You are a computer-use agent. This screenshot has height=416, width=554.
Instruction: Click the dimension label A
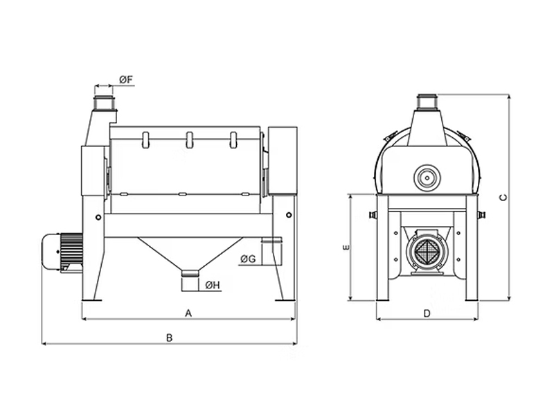click(188, 313)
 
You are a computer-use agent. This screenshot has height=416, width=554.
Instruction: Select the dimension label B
click(169, 338)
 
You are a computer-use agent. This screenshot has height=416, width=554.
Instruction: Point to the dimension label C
click(503, 198)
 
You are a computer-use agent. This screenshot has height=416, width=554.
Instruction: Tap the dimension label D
click(427, 313)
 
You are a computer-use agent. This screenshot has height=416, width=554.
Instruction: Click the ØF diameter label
click(126, 80)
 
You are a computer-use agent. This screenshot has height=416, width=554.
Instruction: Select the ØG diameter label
click(248, 259)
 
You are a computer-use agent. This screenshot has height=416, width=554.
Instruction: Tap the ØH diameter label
click(213, 285)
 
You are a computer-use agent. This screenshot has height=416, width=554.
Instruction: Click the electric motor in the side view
click(62, 252)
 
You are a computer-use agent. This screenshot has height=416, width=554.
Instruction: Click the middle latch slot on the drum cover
click(189, 140)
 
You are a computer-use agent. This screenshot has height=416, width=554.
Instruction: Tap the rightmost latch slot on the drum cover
click(233, 140)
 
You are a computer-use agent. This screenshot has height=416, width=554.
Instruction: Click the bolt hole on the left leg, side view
click(98, 217)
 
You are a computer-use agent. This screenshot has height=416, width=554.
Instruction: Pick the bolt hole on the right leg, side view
click(289, 215)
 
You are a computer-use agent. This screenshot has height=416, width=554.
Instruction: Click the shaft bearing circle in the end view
click(427, 178)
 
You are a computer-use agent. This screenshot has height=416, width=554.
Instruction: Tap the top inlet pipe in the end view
click(427, 102)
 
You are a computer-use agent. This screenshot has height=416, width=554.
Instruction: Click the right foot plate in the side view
click(285, 300)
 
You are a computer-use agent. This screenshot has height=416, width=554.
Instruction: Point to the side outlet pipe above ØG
click(271, 250)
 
